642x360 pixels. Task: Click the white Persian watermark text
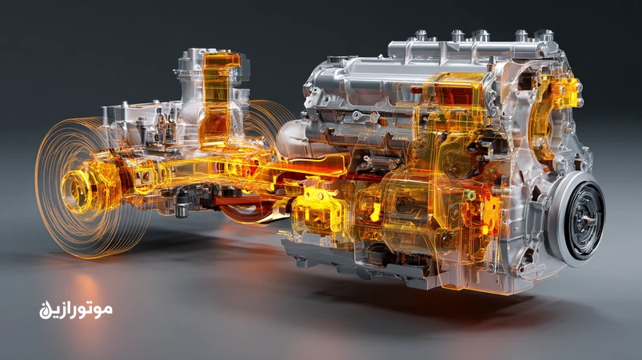(76, 310)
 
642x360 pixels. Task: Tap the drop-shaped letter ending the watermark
(44, 312)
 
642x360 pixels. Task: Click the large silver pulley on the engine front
(576, 218)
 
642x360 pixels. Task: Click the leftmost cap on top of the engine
(421, 36)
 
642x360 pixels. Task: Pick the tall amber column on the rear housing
(216, 98)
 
